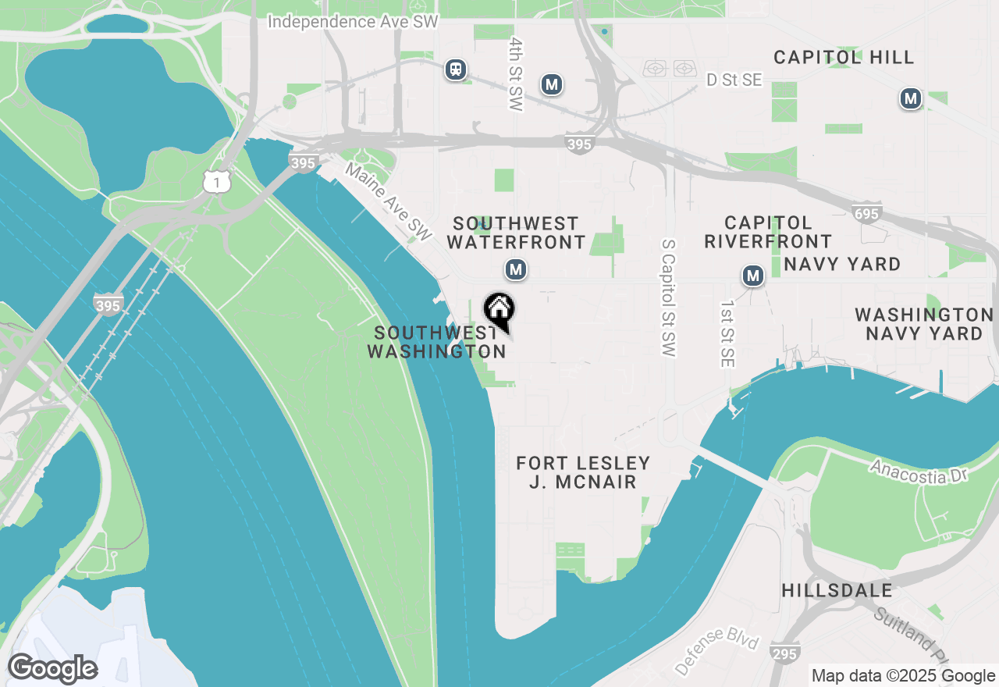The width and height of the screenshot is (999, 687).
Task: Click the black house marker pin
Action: tap(499, 311)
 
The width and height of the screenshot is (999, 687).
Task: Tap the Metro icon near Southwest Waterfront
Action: tap(515, 270)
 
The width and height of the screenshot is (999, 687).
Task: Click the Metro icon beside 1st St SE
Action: tap(752, 276)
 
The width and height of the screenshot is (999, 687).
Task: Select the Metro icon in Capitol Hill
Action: tap(910, 99)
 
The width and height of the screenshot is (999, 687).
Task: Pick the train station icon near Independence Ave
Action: tap(456, 70)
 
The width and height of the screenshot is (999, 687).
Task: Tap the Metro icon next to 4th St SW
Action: tap(552, 84)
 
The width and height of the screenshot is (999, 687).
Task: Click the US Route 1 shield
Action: tap(216, 182)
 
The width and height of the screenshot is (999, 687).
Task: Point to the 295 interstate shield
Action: tap(784, 654)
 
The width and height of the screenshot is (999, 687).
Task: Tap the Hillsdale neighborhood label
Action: tap(837, 590)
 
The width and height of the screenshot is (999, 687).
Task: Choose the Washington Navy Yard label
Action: tap(923, 324)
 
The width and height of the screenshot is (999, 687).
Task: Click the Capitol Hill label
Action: tap(844, 57)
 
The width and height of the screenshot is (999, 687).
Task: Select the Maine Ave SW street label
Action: tap(389, 201)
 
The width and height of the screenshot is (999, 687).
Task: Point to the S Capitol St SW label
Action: tap(667, 298)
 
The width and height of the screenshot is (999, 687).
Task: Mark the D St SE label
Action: tap(733, 80)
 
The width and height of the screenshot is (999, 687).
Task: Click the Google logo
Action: tap(52, 669)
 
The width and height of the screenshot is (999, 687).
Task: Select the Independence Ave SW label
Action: tap(353, 22)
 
